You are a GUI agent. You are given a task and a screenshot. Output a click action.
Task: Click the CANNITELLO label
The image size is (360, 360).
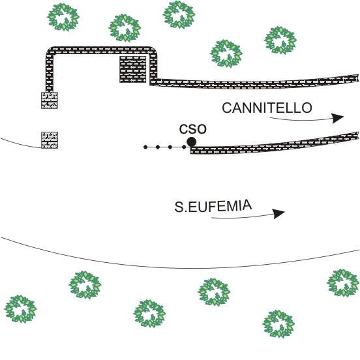[267, 108]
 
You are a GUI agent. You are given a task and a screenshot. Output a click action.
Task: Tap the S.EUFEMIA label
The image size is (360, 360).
[213, 206]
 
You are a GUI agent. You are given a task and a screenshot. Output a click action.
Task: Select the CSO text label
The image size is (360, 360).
[193, 129]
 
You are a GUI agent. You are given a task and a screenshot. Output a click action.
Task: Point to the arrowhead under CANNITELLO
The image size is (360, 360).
[338, 118]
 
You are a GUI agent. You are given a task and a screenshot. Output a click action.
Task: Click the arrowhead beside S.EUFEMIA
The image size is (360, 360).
[278, 213]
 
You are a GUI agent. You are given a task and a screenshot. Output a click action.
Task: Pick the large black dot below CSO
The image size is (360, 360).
[192, 142]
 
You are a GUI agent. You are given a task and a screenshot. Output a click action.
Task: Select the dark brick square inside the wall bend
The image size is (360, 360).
[133, 69]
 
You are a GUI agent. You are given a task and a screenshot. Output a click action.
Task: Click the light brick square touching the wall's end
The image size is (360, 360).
[50, 100]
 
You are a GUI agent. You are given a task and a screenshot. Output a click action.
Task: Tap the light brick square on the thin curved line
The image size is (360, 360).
[50, 140]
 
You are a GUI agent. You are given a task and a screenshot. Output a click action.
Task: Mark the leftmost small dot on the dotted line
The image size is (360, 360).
[145, 147]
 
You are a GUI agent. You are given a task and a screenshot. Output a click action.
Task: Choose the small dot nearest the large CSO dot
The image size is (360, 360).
[184, 147]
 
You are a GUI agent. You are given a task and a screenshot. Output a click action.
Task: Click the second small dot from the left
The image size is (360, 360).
[158, 147]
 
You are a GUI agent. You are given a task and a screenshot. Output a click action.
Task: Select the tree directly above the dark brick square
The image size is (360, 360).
[125, 28]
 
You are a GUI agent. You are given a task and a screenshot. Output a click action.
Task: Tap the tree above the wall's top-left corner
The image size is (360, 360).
[63, 17]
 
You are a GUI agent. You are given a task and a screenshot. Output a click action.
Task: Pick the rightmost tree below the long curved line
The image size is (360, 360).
[343, 283]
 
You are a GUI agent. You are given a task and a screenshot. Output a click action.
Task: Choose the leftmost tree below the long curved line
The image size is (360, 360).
[20, 309]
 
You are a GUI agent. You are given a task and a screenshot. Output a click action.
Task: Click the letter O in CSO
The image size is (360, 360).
[202, 129]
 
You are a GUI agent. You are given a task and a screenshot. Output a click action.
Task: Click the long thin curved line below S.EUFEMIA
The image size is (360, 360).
[180, 267]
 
